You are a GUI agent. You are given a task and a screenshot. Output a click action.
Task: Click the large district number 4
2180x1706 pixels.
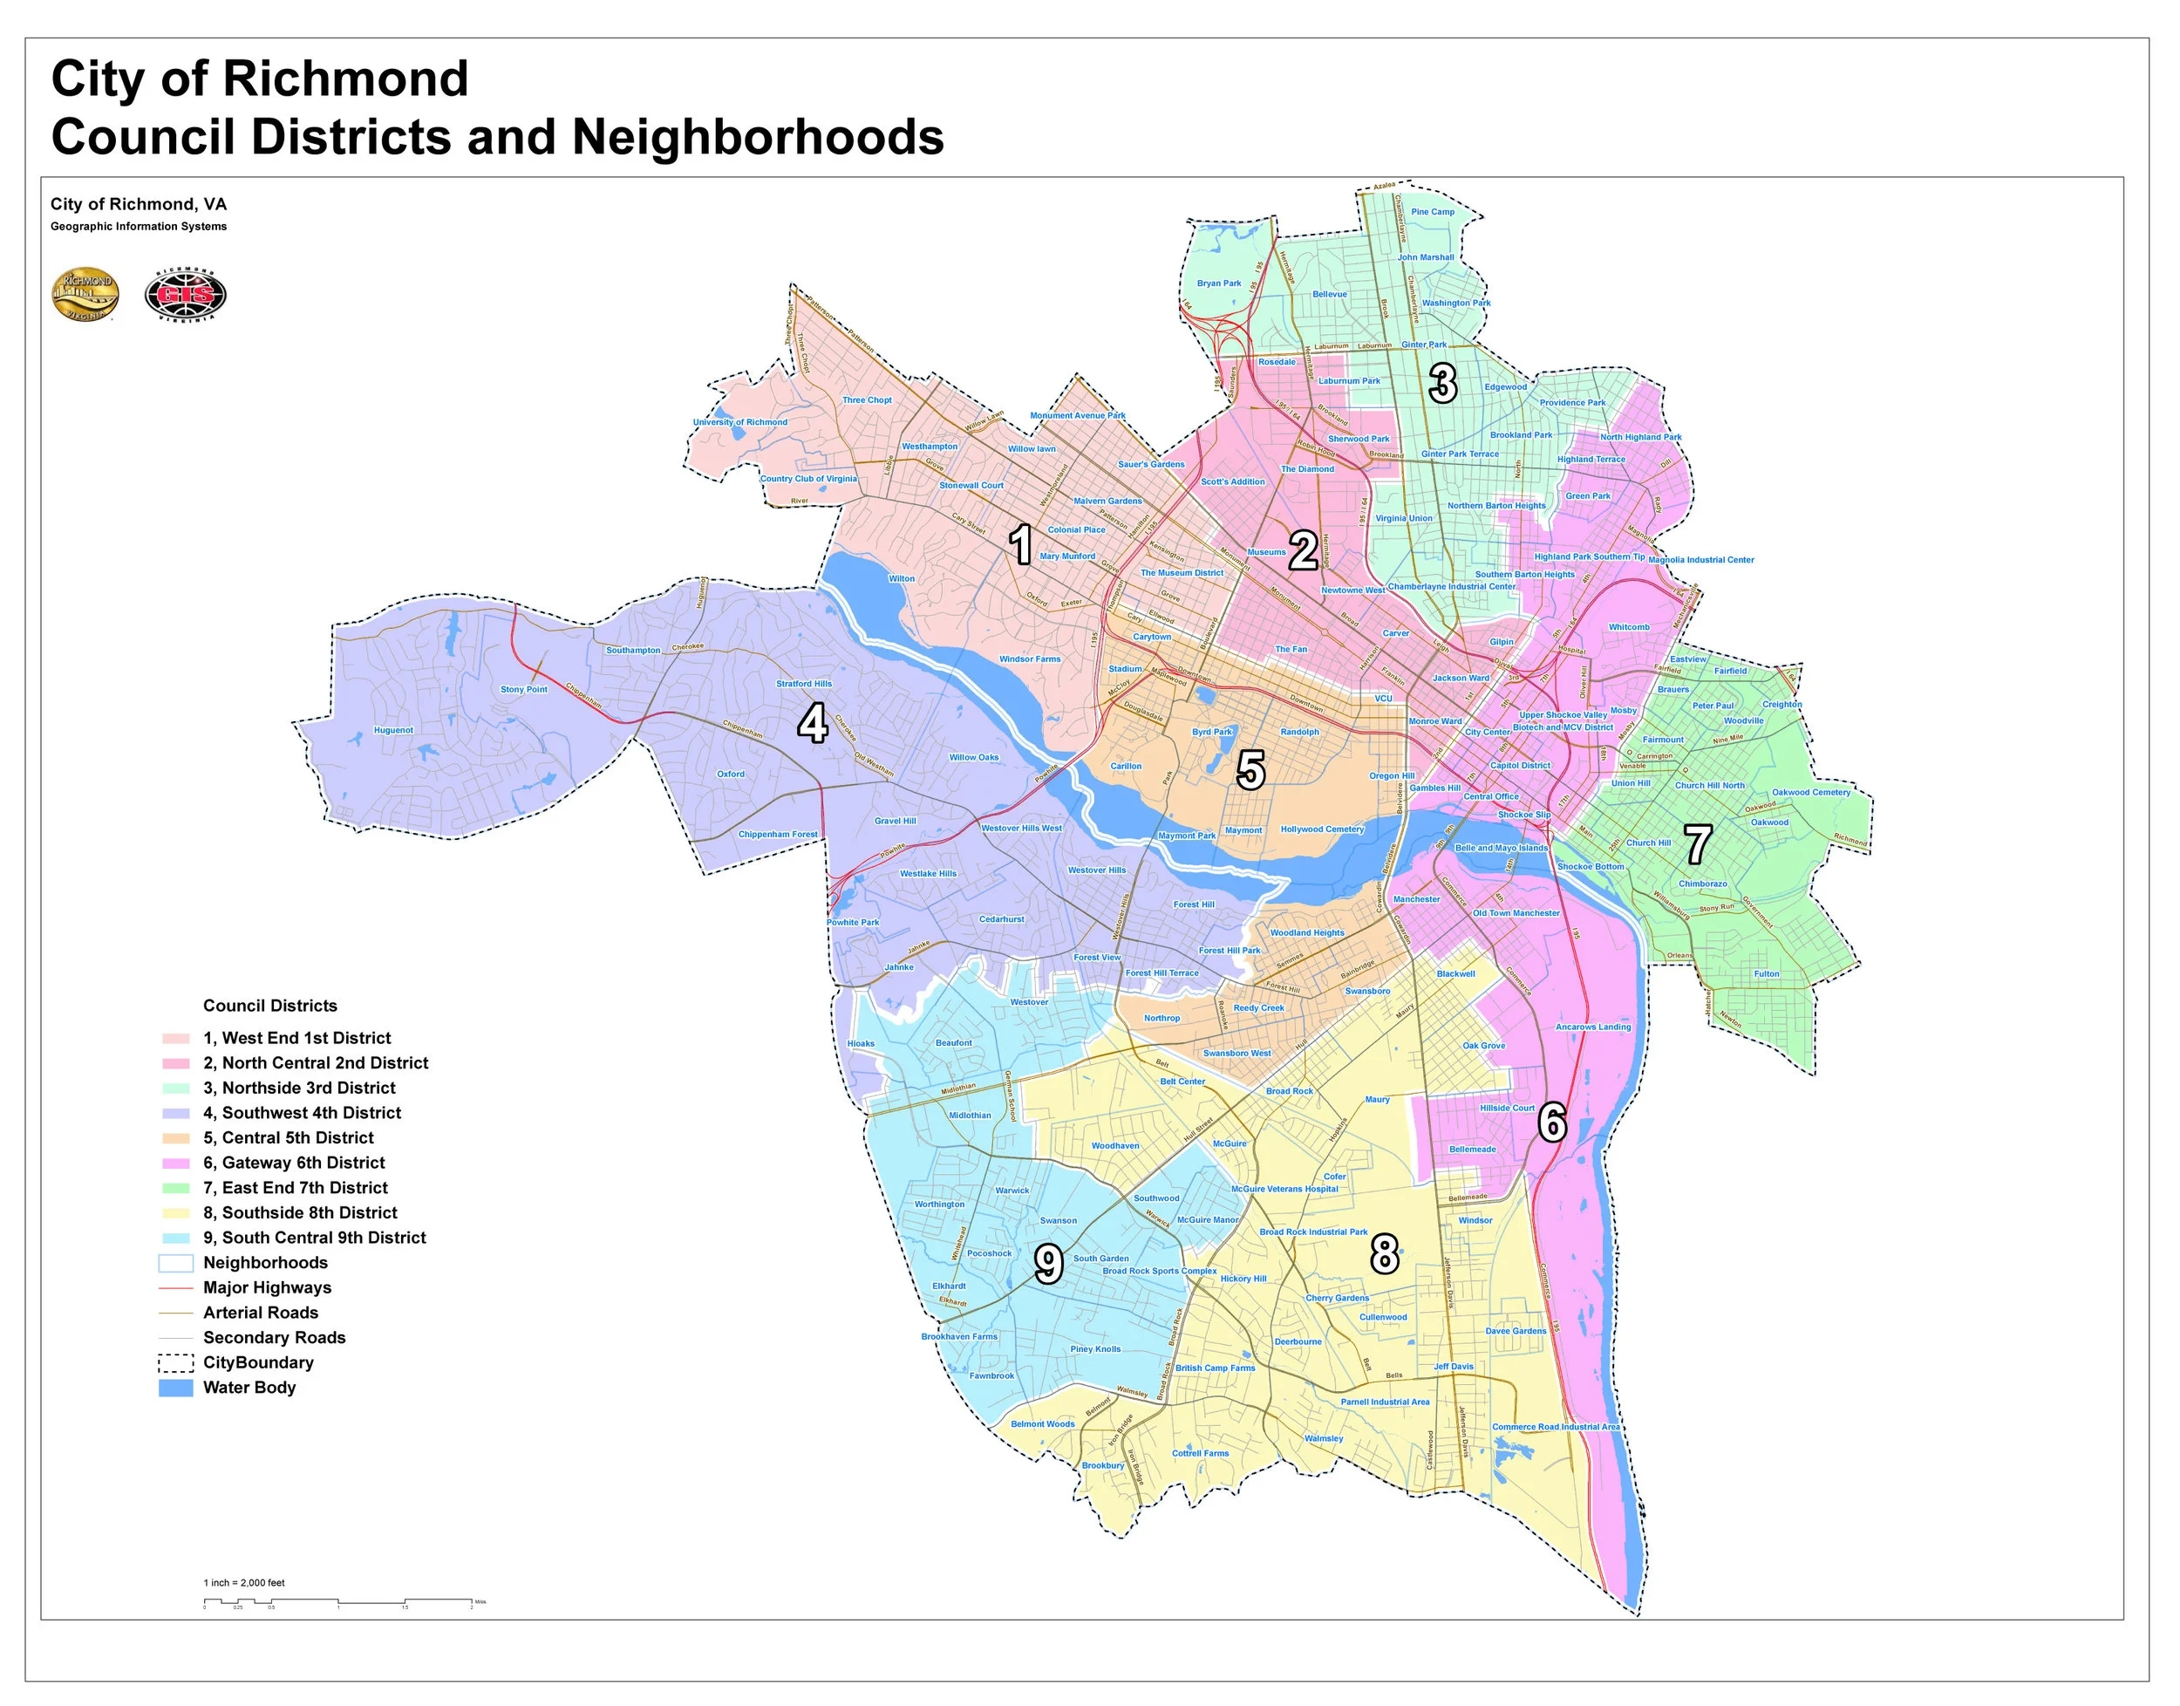click(x=812, y=724)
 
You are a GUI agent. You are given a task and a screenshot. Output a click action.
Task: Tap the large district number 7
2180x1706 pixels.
click(x=1699, y=845)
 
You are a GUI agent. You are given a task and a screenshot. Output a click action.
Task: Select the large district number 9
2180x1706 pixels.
click(x=1047, y=1265)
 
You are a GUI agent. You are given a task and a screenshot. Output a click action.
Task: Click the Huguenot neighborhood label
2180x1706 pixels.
click(x=393, y=730)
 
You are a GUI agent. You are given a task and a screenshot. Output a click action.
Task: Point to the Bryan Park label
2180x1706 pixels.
click(x=1219, y=283)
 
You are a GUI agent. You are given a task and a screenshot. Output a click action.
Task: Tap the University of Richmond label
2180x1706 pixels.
click(x=740, y=422)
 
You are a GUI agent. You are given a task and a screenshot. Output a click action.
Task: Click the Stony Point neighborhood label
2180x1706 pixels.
click(x=524, y=690)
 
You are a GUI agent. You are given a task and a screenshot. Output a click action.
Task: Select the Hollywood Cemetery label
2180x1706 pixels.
click(x=1322, y=830)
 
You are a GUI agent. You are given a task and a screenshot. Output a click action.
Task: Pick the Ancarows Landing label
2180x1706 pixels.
click(x=1593, y=1027)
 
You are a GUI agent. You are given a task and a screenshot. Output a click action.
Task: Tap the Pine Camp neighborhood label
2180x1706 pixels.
click(x=1433, y=212)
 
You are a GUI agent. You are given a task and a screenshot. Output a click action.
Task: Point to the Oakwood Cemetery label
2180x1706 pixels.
click(x=1811, y=793)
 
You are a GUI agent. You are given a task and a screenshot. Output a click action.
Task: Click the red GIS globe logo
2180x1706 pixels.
click(x=186, y=296)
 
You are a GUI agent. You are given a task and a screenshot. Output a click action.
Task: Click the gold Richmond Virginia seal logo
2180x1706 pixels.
click(x=85, y=296)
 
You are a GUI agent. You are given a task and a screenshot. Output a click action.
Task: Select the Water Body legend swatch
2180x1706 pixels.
click(x=176, y=1388)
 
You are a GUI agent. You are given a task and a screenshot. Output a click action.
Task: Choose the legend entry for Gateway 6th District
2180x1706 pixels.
click(x=294, y=1163)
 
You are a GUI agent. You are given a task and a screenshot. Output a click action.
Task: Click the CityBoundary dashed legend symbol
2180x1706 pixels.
click(x=176, y=1362)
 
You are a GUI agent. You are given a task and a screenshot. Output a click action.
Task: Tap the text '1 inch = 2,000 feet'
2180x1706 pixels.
click(x=245, y=1583)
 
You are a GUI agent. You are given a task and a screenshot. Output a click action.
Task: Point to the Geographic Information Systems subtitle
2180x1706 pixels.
click(x=139, y=227)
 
